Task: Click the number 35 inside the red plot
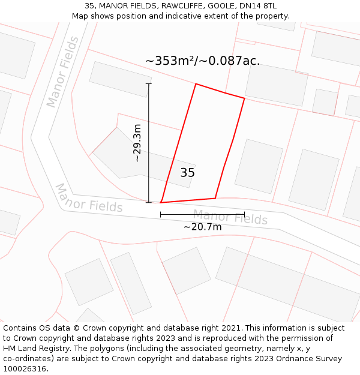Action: [187, 173]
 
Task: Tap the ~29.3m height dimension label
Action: [137, 143]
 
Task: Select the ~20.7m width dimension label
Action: [202, 226]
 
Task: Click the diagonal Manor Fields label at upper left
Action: [63, 72]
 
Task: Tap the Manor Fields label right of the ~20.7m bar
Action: [230, 218]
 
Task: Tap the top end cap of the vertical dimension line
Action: [149, 83]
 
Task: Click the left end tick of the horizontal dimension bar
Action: [161, 214]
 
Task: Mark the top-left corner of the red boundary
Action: [196, 84]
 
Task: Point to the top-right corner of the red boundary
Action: [244, 98]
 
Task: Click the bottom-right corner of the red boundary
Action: [215, 198]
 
